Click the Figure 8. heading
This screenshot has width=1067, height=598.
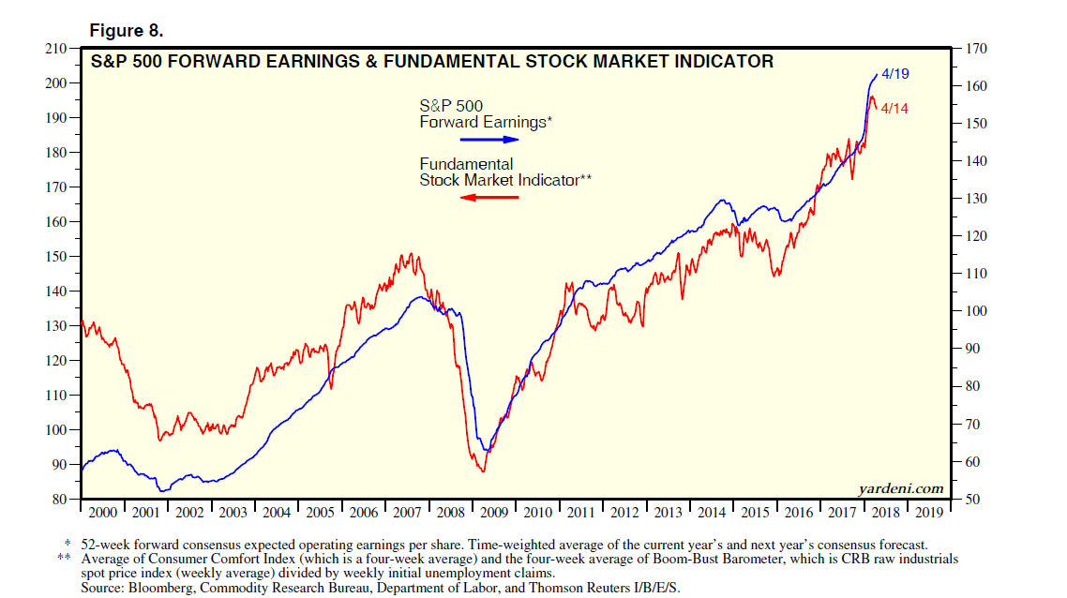click(126, 31)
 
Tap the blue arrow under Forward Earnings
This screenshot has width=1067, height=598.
click(489, 139)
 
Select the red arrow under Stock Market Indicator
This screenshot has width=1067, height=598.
click(489, 197)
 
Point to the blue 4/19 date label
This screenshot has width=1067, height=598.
click(896, 73)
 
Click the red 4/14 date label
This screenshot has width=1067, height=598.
click(894, 109)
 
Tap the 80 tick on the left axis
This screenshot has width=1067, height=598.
click(58, 500)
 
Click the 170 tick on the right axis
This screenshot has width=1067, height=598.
click(972, 48)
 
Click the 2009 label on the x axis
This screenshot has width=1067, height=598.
click(494, 513)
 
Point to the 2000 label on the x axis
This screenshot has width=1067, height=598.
click(102, 513)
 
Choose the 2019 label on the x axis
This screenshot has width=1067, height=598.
click(928, 513)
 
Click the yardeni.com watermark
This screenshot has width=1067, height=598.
click(901, 488)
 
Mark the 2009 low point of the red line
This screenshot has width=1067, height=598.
click(483, 471)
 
